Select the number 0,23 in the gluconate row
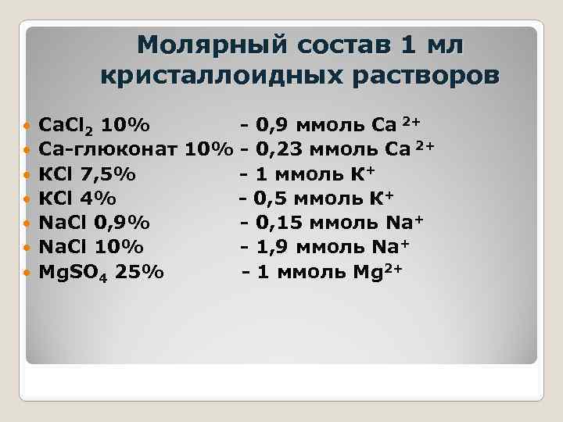(280, 148)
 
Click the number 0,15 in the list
(280, 222)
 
